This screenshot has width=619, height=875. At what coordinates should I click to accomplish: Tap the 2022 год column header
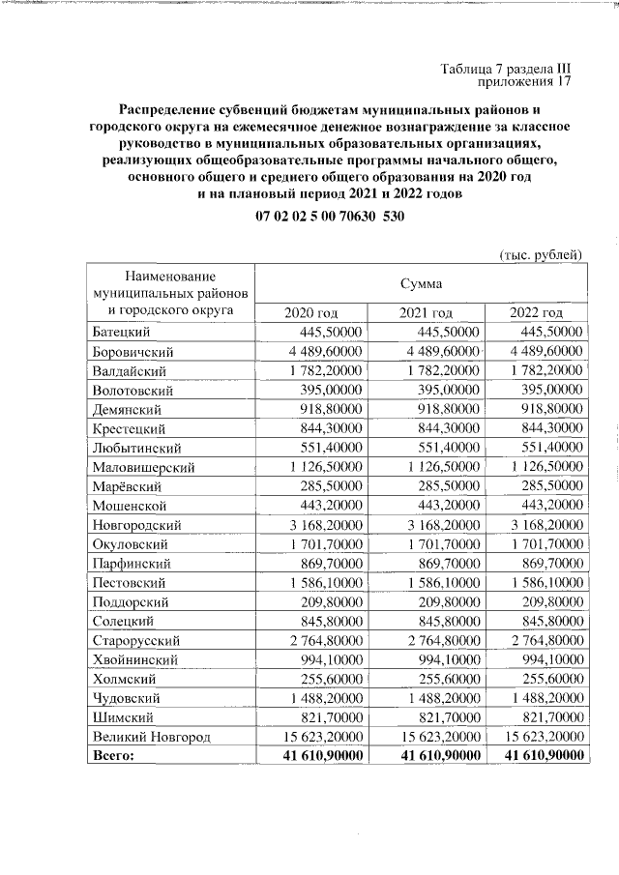tap(536, 312)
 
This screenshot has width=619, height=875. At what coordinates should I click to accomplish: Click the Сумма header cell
tap(421, 284)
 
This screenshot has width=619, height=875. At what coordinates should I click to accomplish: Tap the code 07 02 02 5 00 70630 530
tap(330, 218)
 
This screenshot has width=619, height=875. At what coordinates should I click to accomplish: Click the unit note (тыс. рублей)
tap(540, 255)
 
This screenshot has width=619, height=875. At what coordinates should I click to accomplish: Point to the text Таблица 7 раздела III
tap(506, 69)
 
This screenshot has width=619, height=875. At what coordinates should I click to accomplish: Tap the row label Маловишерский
tap(143, 467)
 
